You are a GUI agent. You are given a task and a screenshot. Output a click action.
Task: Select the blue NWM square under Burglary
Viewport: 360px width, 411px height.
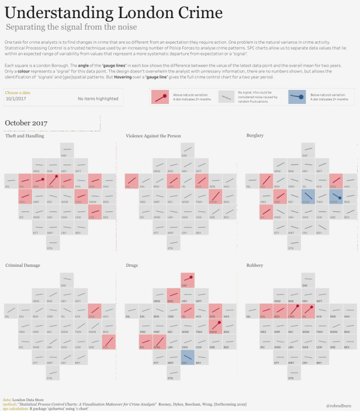point(334,196)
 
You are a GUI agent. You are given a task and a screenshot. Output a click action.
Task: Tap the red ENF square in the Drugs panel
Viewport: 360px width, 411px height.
point(187,280)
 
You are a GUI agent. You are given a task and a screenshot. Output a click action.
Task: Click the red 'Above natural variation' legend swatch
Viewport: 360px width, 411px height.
point(160,97)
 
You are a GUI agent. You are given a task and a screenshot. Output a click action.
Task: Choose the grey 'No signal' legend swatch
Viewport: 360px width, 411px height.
point(227,97)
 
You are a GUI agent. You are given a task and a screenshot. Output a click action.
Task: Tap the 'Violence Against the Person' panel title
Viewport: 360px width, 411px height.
point(153,135)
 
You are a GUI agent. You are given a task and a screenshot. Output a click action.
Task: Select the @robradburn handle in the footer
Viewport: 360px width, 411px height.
point(339,403)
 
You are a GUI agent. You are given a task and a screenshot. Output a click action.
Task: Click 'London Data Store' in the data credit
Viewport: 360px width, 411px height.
point(27,399)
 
